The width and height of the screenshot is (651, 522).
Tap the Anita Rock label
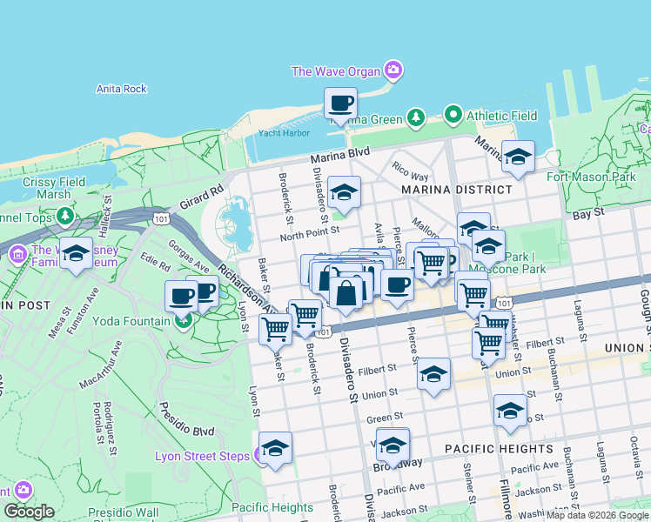click(121, 89)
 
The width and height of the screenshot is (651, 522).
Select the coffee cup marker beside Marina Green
click(340, 104)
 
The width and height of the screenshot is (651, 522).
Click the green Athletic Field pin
click(453, 115)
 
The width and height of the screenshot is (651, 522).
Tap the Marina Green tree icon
click(416, 117)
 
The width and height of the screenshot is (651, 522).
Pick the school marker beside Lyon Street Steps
click(276, 449)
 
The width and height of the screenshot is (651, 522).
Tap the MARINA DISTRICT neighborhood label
click(457, 190)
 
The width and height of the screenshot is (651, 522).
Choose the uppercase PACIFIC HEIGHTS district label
click(499, 449)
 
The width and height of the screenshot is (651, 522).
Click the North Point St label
click(309, 236)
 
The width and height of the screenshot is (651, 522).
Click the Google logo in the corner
click(29, 512)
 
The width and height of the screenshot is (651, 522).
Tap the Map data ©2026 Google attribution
click(598, 515)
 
